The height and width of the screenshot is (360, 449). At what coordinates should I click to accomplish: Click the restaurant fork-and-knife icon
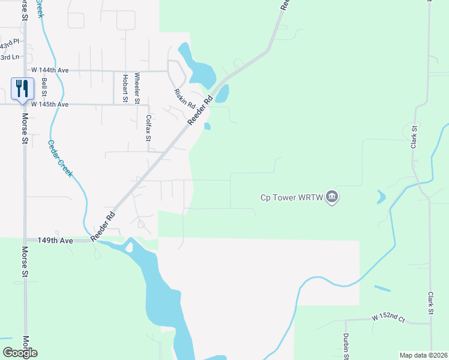(x=22, y=89)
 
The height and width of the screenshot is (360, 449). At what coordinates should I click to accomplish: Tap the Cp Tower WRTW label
(x=292, y=197)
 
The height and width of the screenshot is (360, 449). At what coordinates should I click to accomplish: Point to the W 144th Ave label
(x=50, y=70)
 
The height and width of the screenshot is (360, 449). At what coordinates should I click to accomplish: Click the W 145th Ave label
(x=50, y=104)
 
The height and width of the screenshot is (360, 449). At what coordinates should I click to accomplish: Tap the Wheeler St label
(x=137, y=86)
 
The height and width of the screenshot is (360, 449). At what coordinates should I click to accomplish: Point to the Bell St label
(x=44, y=88)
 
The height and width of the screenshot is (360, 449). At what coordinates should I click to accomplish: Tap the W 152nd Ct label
(x=388, y=316)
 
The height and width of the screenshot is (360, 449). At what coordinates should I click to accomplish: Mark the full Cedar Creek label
(x=61, y=158)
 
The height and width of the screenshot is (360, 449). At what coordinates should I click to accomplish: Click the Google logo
(x=20, y=353)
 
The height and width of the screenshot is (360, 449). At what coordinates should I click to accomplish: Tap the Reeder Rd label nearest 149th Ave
(x=102, y=225)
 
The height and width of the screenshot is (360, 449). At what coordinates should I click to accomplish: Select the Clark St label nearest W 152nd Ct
(x=430, y=304)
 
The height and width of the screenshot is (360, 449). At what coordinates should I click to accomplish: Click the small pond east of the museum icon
(x=381, y=196)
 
